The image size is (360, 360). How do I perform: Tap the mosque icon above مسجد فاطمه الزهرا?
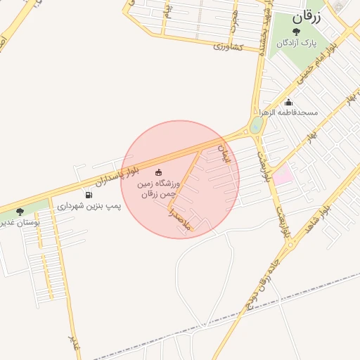288,102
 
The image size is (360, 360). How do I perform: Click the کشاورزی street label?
227,46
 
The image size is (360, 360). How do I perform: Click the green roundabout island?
256,125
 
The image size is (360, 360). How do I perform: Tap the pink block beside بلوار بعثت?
282,175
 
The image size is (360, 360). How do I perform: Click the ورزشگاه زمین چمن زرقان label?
157,189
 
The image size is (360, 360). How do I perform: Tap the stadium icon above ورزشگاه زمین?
158,173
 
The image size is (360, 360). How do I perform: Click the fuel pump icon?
88,195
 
